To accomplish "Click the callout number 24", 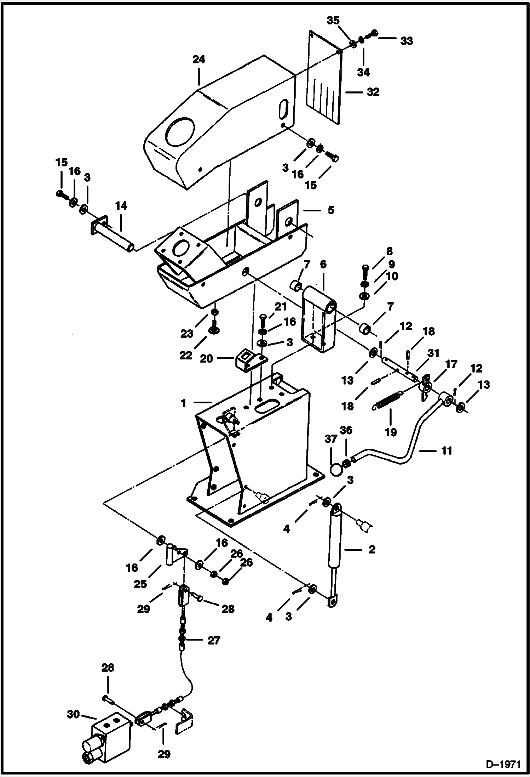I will click(199, 59).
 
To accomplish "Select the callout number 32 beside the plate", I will click(373, 92).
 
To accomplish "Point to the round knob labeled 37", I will click(336, 470).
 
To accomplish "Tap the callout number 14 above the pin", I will click(121, 206).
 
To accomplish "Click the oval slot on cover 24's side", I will click(283, 108).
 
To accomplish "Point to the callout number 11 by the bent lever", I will click(447, 451).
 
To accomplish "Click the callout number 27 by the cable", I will click(213, 640).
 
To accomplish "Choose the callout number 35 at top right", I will click(333, 20).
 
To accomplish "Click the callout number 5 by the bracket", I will click(330, 210).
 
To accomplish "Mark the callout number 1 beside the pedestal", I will click(183, 403).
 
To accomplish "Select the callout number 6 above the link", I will click(323, 264).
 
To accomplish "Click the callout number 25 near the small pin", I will click(140, 584).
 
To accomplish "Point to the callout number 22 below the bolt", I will click(185, 355).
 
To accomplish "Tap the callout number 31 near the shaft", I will click(433, 353).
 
